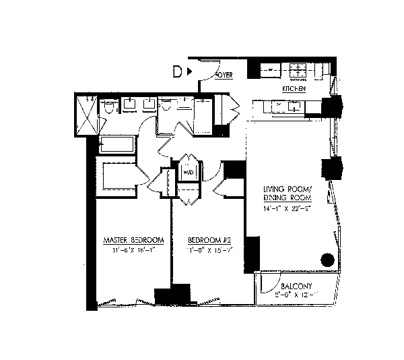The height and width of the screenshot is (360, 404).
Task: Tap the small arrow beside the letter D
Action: (x=191, y=71)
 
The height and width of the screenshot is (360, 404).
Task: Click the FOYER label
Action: (x=224, y=76)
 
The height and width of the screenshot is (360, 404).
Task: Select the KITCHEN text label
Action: (x=294, y=89)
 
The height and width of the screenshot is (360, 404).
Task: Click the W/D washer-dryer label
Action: (x=188, y=173)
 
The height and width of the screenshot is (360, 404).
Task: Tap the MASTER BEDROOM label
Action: (x=134, y=241)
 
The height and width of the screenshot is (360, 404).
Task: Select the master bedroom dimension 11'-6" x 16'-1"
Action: (x=134, y=251)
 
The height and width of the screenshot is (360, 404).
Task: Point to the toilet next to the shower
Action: (x=110, y=107)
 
